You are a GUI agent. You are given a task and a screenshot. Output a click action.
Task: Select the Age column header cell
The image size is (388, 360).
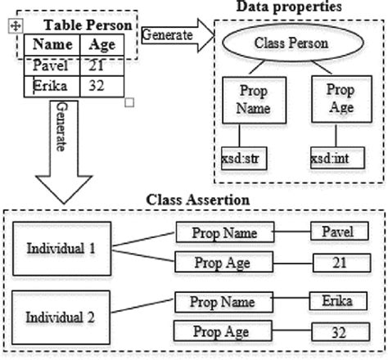[102, 46]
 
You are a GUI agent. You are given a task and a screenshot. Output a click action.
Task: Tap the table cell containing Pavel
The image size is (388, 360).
[51, 65]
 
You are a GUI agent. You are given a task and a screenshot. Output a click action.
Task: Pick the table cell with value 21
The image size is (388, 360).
[102, 65]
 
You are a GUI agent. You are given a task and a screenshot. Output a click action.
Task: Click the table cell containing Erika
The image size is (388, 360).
[51, 85]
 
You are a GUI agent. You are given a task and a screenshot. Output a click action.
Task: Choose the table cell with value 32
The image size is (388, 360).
[102, 85]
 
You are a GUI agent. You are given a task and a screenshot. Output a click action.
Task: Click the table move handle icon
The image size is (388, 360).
[14, 27]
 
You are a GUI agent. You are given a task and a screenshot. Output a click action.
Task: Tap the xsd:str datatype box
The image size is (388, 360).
[240, 156]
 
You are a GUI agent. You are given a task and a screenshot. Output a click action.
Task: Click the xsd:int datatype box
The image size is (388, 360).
[332, 156]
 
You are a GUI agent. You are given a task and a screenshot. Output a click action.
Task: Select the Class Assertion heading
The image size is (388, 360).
[192, 199]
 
